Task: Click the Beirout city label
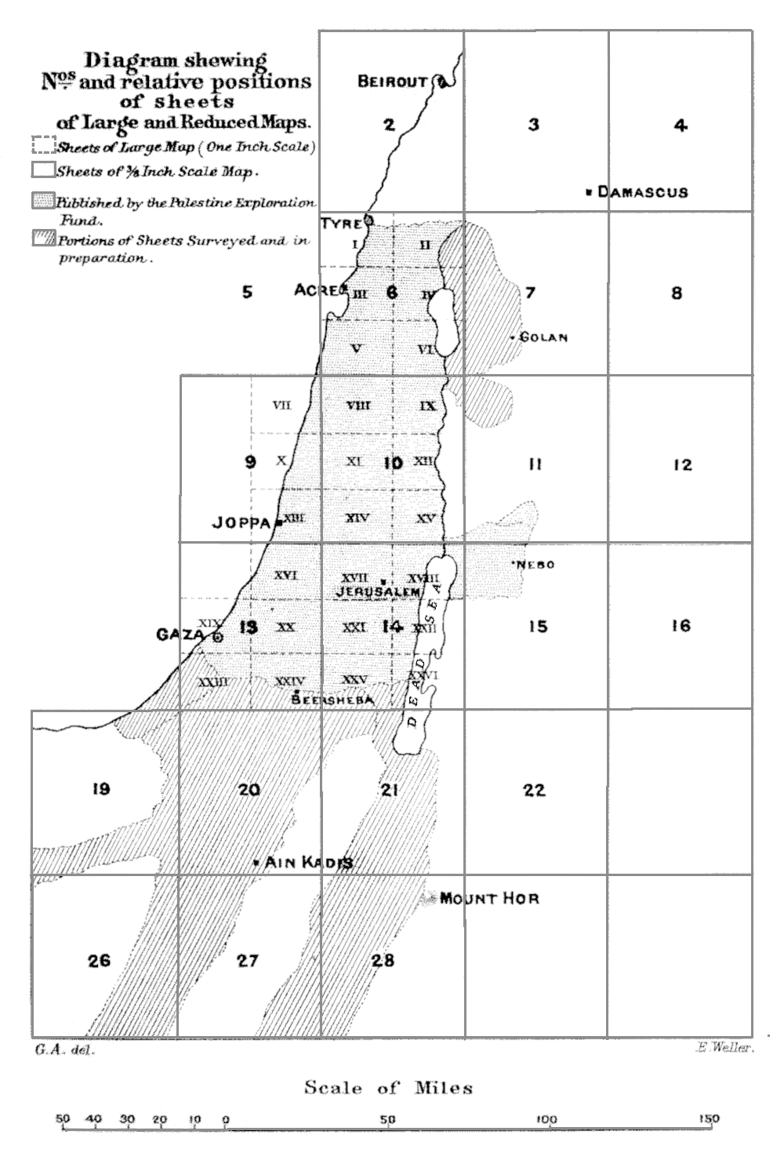[393, 82]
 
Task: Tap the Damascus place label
[642, 192]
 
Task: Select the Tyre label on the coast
[341, 224]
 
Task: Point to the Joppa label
[241, 522]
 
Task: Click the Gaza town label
[181, 635]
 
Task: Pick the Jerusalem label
[379, 592]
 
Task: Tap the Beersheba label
[332, 700]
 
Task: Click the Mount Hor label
[489, 899]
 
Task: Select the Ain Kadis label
[308, 863]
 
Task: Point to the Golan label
[543, 338]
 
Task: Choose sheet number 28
[383, 960]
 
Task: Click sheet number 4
[681, 125]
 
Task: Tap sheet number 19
[100, 789]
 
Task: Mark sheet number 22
[534, 790]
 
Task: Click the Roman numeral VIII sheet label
[358, 405]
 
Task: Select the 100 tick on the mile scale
[547, 1119]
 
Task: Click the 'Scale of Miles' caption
[388, 1088]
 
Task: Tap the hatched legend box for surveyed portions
[43, 238]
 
